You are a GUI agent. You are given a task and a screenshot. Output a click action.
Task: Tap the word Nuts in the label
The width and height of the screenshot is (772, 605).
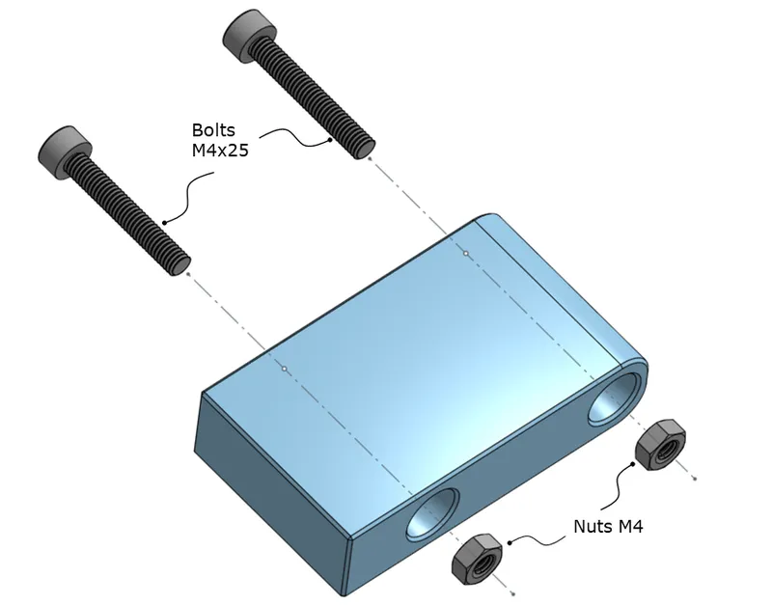(592, 527)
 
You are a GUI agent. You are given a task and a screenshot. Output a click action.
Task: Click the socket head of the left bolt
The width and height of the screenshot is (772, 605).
(65, 147)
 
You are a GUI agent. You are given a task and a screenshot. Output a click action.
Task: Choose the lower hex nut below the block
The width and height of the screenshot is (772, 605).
(474, 559)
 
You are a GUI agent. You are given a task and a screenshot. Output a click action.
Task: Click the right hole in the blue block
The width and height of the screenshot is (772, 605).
(614, 398)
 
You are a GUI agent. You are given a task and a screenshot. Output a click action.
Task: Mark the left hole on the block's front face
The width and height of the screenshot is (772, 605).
(431, 514)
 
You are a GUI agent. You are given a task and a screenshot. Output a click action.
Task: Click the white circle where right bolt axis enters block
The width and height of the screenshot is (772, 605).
(466, 253)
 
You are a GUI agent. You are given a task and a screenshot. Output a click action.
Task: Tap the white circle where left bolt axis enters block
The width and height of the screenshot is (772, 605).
(284, 368)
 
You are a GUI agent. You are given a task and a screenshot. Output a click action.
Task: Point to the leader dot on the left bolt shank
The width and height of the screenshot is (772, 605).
(165, 222)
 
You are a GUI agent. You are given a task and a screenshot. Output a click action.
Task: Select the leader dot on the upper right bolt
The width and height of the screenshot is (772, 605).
(329, 140)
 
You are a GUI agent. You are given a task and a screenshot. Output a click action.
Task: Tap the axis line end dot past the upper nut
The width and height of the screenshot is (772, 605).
(697, 477)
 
